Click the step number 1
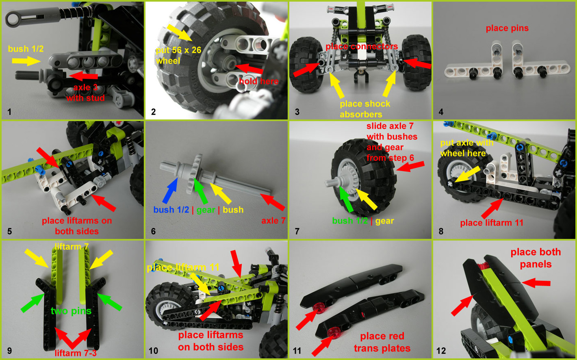pyautogui.click(x=9, y=112)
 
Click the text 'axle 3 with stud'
pyautogui.click(x=85, y=93)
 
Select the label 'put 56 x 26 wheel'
pyautogui.click(x=178, y=56)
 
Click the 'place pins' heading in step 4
pyautogui.click(x=507, y=28)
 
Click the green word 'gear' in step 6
pyautogui.click(x=206, y=210)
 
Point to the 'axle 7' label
pyautogui.click(x=273, y=220)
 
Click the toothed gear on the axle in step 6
pyautogui.click(x=194, y=173)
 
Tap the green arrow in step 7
pyautogui.click(x=347, y=200)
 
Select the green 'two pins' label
pyautogui.click(x=71, y=311)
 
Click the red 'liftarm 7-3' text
pyautogui.click(x=76, y=353)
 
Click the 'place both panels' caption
pyautogui.click(x=535, y=258)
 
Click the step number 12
pyautogui.click(x=441, y=351)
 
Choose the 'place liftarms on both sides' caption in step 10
pyautogui.click(x=210, y=341)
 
